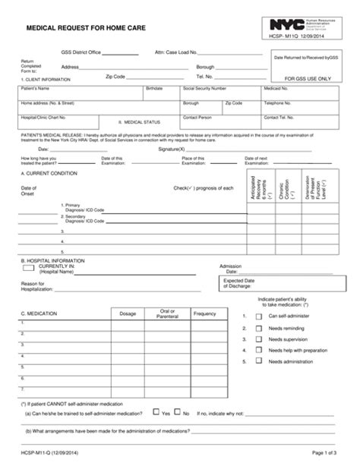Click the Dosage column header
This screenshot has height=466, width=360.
[128, 313]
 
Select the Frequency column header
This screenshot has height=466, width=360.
[204, 313]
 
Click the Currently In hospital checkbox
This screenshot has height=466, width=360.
[27, 267]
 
